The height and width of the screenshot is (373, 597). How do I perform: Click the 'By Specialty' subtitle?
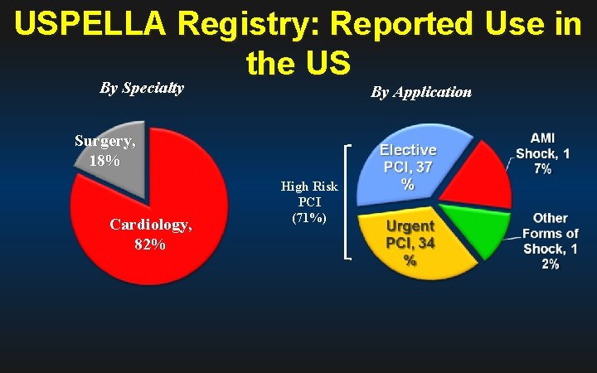[142, 88]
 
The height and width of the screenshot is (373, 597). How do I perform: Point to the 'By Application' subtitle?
[421, 92]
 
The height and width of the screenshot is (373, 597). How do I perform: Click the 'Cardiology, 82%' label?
[150, 235]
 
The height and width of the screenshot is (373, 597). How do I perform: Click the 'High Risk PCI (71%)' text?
[308, 202]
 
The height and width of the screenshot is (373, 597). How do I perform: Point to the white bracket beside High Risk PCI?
[347, 202]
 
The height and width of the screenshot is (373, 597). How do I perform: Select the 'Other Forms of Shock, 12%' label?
[551, 240]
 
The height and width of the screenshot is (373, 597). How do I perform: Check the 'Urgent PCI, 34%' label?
[410, 242]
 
